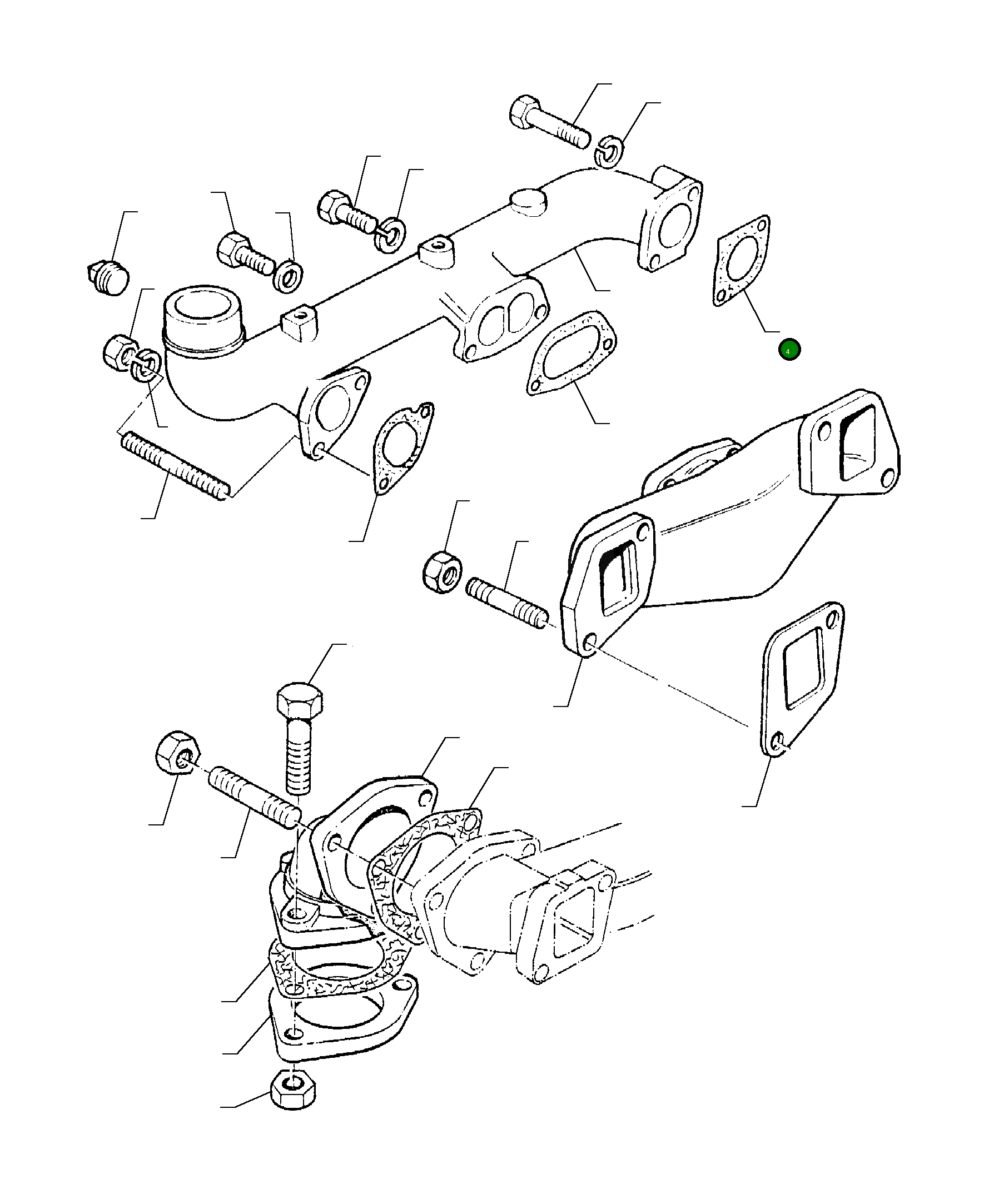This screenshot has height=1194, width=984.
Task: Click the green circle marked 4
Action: coord(788,350)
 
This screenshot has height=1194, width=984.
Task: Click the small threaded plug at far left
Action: coord(110,276)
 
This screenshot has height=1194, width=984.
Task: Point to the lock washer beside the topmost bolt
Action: coord(610,151)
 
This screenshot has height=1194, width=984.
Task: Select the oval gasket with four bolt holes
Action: coord(572,352)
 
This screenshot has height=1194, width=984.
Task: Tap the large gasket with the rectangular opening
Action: coord(801,678)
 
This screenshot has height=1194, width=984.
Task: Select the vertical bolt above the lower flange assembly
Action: coord(299,736)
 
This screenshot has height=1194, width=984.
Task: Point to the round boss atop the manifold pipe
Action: coord(528,202)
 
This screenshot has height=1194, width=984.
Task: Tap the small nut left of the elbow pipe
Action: coord(120,352)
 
